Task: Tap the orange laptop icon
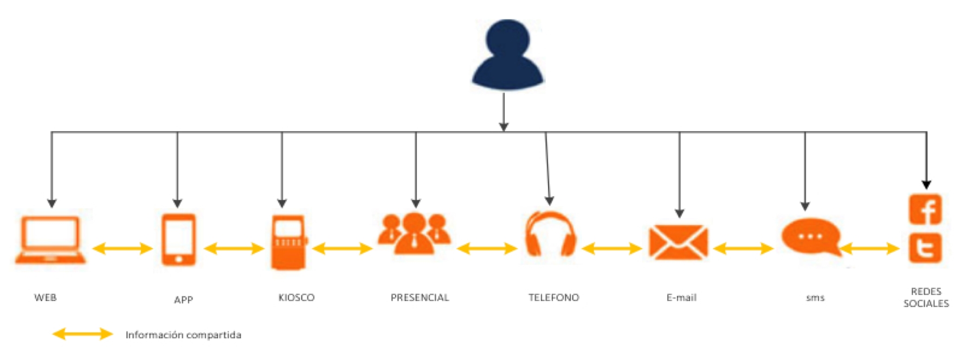click(50, 240)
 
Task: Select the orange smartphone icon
click(178, 240)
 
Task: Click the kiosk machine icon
click(289, 242)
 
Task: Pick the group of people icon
click(415, 233)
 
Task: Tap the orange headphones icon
click(550, 234)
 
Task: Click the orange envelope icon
click(678, 242)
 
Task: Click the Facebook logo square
click(925, 209)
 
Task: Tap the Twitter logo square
click(925, 248)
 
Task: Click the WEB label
click(46, 298)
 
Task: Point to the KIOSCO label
click(297, 298)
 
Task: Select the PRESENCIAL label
click(420, 298)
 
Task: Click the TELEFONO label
click(554, 298)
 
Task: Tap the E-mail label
click(681, 298)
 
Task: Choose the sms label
click(815, 298)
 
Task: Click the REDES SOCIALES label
click(926, 298)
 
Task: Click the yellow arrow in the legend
click(82, 334)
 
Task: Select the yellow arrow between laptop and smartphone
click(123, 248)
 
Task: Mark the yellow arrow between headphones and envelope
click(611, 248)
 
